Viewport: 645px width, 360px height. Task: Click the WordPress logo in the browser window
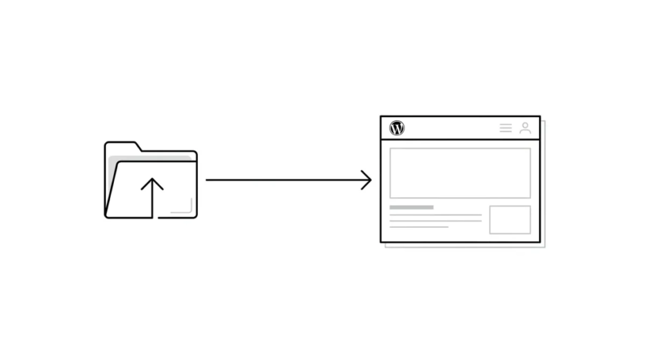[397, 128]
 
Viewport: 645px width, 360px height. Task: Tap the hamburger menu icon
[505, 128]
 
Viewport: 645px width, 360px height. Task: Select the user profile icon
[525, 128]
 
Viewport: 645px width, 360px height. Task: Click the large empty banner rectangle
[460, 173]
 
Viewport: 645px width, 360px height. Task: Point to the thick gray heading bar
[411, 207]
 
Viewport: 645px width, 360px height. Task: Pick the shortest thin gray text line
[419, 227]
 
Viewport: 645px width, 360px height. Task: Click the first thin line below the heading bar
[435, 215]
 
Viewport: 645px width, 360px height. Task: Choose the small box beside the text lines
[510, 220]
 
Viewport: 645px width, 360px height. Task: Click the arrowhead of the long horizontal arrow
[368, 180]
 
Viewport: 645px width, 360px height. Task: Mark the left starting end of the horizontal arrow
[207, 180]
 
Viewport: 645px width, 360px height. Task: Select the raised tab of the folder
[123, 145]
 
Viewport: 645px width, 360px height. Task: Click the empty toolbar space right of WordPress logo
[451, 128]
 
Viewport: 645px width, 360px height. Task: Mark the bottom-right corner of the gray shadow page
[544, 247]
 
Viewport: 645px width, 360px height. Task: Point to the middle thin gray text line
[435, 220]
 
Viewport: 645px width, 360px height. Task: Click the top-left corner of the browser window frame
[381, 116]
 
